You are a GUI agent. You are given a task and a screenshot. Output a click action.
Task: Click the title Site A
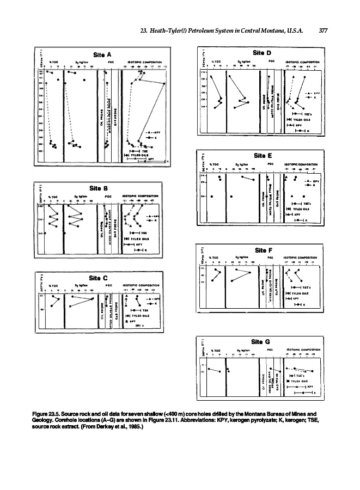click(102, 54)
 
